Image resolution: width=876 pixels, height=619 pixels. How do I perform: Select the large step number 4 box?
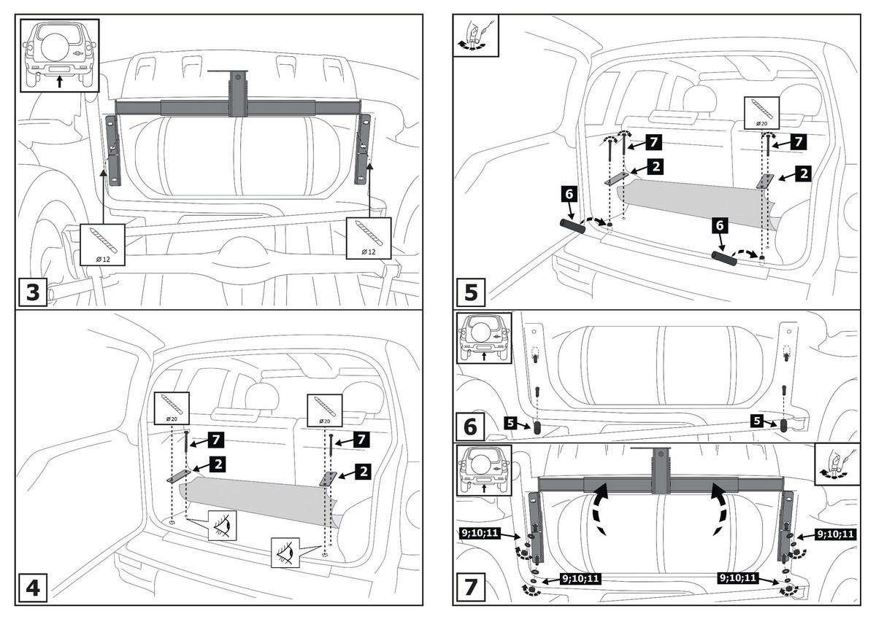(x=33, y=587)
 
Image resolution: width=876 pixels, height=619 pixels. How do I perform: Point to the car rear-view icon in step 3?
(x=59, y=54)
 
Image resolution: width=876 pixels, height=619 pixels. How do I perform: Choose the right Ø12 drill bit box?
(x=368, y=237)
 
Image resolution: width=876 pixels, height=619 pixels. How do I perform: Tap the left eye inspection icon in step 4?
(x=223, y=525)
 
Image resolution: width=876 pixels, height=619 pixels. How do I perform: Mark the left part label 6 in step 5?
(x=569, y=195)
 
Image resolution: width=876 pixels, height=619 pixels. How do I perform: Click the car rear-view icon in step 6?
(x=483, y=338)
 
